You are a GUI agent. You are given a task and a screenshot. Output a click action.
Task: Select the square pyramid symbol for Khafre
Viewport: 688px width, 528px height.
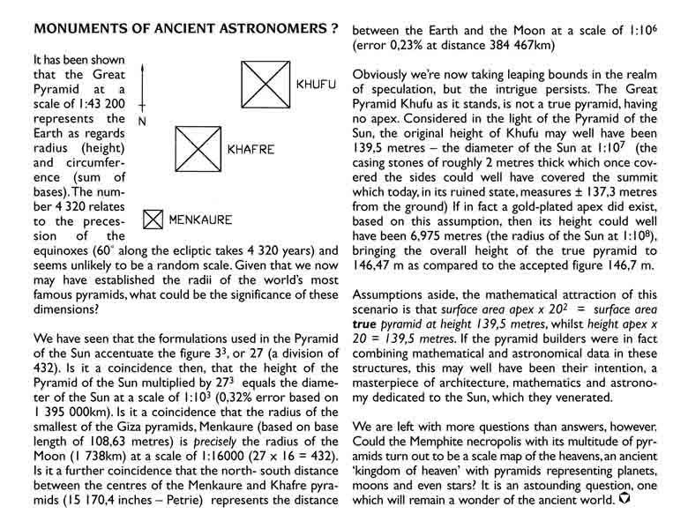[197, 149]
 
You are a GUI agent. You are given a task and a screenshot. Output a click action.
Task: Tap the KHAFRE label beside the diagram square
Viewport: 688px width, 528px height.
[251, 150]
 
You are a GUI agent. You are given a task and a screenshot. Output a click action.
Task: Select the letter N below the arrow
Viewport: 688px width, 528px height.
[144, 120]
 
